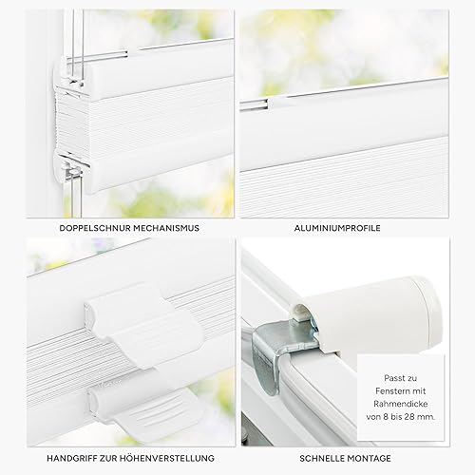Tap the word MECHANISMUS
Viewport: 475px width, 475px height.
pyautogui.click(x=166, y=228)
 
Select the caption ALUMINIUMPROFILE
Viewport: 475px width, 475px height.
pyautogui.click(x=337, y=228)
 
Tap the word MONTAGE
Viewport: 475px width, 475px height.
pyautogui.click(x=369, y=458)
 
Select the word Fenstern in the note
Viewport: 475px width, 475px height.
pyautogui.click(x=389, y=391)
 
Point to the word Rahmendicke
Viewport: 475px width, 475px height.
pyautogui.click(x=401, y=404)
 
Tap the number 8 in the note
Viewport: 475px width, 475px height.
pyautogui.click(x=386, y=417)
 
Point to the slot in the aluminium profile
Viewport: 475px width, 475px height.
pyautogui.click(x=254, y=105)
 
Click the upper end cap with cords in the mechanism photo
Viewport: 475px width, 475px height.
pyautogui.click(x=71, y=74)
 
